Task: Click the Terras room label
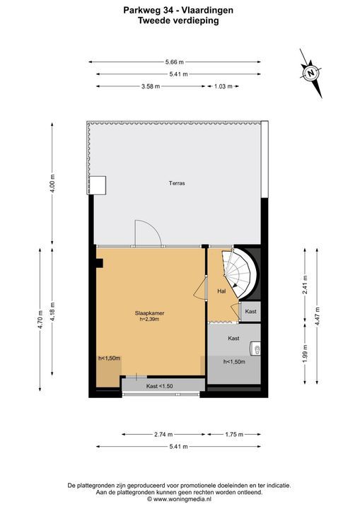(177, 183)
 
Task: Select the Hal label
(221, 291)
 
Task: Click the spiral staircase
(240, 273)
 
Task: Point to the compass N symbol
(311, 73)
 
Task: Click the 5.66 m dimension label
(174, 62)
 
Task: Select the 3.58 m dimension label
(150, 86)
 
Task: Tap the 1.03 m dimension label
(223, 86)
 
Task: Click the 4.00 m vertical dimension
(52, 183)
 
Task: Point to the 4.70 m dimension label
(40, 320)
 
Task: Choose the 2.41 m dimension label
(305, 285)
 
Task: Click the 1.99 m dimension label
(305, 353)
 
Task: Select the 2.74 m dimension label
(163, 434)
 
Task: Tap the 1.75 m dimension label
(234, 434)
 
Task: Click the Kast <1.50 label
(159, 386)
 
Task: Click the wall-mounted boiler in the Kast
(255, 349)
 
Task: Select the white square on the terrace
(98, 185)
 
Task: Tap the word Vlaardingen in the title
(207, 11)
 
